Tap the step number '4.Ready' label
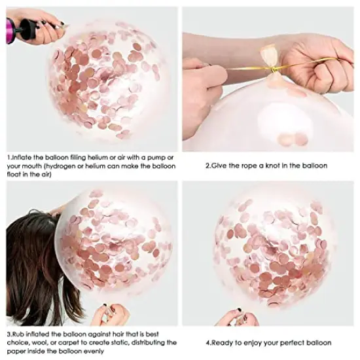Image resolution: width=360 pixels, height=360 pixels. tap(217, 342)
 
